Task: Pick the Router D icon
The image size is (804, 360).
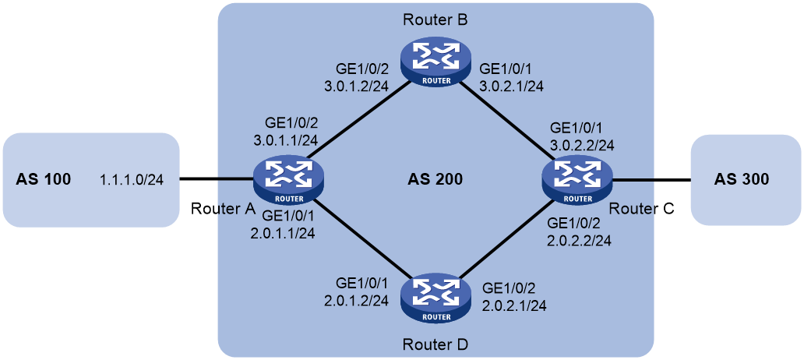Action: (x=436, y=298)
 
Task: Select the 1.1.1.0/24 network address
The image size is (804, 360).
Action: (x=131, y=179)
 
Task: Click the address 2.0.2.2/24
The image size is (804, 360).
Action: (x=579, y=241)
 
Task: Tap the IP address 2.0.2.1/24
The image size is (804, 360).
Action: (x=513, y=305)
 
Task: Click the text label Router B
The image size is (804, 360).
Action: (x=435, y=20)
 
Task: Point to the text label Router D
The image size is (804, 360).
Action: (x=435, y=343)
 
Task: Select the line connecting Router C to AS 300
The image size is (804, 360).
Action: (x=652, y=180)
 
